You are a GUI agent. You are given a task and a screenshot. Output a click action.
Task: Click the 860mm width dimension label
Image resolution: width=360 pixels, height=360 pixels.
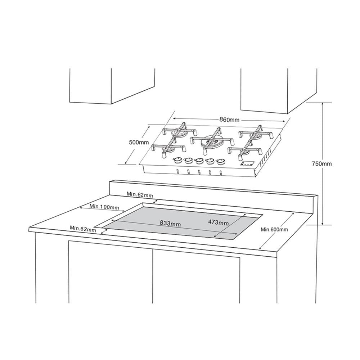[229, 120]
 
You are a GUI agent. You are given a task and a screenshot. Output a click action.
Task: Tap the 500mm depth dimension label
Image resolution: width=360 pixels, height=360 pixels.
[139, 142]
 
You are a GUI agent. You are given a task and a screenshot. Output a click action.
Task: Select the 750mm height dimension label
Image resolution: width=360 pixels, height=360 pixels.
[321, 164]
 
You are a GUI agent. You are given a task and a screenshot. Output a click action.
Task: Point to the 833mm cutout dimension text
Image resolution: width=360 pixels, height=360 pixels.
[170, 224]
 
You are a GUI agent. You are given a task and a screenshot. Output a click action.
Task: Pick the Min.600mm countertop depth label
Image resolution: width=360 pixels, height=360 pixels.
[274, 229]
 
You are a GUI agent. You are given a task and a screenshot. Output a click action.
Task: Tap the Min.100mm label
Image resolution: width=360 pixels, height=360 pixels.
[104, 207]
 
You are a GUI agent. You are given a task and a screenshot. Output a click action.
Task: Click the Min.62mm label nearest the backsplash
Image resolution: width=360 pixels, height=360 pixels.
[140, 195]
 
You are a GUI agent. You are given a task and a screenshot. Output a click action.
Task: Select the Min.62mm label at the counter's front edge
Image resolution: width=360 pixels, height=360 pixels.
[83, 229]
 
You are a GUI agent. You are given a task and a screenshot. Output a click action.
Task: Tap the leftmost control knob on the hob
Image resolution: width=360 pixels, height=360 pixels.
[177, 160]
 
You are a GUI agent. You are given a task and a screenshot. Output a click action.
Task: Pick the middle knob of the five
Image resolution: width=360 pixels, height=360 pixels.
[199, 161]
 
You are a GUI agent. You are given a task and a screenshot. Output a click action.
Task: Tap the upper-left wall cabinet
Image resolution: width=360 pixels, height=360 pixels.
[112, 86]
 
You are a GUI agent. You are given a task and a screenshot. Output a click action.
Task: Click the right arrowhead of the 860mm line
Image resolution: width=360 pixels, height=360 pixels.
[283, 121]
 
